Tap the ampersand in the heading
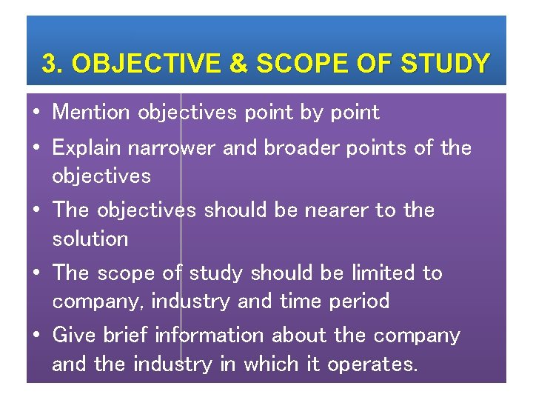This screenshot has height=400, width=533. pos(238,64)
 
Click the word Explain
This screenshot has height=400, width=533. pos(87,148)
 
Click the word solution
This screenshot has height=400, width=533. pos(90,239)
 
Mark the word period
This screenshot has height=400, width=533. pos(361,301)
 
